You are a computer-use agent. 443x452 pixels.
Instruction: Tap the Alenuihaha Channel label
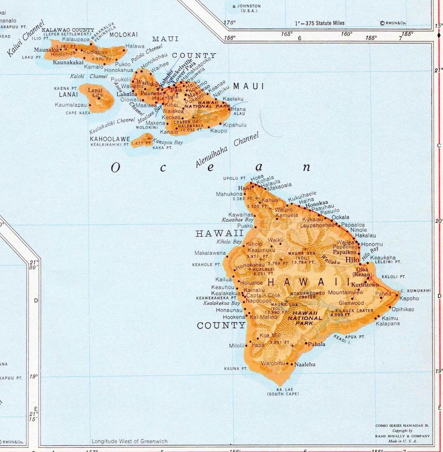pyautogui.click(x=227, y=151)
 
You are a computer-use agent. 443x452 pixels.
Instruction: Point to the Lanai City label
pyautogui.click(x=96, y=93)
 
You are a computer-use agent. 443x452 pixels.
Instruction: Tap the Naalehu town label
pyautogui.click(x=305, y=364)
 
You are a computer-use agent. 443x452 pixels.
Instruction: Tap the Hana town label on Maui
pyautogui.click(x=239, y=109)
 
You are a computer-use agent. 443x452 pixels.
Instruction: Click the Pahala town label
pyautogui.click(x=317, y=344)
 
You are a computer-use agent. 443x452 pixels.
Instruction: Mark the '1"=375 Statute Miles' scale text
pyautogui.click(x=320, y=23)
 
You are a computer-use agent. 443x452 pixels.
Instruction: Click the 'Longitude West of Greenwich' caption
pyautogui.click(x=129, y=441)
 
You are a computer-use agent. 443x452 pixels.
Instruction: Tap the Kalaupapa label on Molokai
pyautogui.click(x=76, y=39)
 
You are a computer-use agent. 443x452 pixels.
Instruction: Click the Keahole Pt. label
pyautogui.click(x=207, y=265)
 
